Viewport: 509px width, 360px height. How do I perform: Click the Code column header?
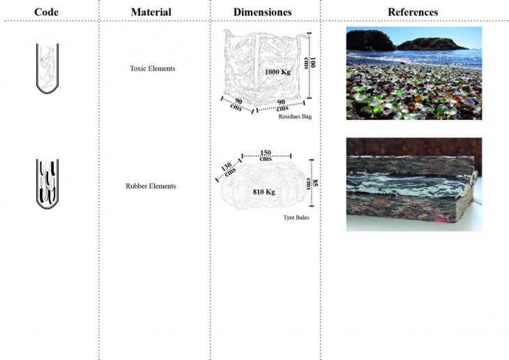pos(47,12)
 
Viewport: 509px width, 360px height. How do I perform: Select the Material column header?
pos(151,12)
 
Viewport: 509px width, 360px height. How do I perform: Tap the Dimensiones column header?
pos(262,12)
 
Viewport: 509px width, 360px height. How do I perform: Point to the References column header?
pos(413,12)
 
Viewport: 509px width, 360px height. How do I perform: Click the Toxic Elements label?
pos(153,68)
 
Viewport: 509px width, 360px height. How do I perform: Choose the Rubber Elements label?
pos(151,186)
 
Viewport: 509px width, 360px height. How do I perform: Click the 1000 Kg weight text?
pos(278,72)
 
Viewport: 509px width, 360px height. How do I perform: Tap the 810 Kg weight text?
pos(264,192)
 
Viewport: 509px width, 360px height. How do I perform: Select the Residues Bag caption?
pos(295,117)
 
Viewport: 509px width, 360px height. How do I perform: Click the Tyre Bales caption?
pos(296,218)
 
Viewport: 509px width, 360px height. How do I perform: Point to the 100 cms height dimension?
pos(310,63)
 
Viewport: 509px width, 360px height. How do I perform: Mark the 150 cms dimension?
pos(266,156)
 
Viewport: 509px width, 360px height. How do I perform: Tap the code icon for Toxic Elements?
pos(47,68)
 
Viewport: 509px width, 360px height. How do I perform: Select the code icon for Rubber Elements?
pos(47,183)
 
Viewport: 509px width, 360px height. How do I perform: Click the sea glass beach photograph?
pos(414,73)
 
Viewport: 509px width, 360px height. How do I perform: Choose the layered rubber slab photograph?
pos(414,184)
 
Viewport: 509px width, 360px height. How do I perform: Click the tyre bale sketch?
pos(264,186)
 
